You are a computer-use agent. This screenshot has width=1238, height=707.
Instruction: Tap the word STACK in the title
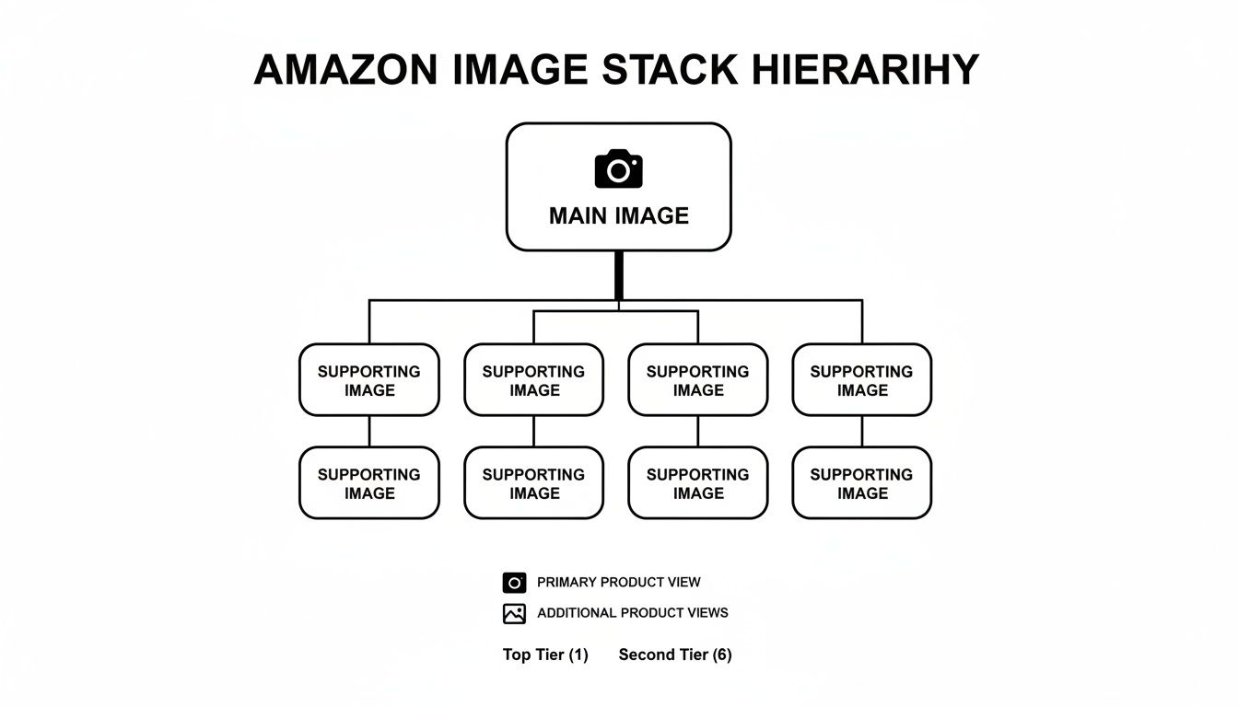(x=670, y=71)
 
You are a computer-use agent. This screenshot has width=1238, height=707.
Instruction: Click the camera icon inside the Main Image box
(x=618, y=169)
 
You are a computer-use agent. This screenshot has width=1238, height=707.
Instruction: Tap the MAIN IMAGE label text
(x=618, y=216)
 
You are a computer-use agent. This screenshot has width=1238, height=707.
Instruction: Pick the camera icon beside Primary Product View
(x=514, y=583)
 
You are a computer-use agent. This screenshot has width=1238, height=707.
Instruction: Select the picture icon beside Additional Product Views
(x=514, y=613)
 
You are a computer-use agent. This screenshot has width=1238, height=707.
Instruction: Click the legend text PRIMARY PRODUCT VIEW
(x=618, y=583)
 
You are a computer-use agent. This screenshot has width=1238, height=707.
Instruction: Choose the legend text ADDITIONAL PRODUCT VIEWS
(x=632, y=613)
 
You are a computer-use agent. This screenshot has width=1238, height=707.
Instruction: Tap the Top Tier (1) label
(x=544, y=655)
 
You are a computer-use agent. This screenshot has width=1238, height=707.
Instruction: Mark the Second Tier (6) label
(x=674, y=655)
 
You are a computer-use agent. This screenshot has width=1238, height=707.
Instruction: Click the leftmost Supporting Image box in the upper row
(x=369, y=380)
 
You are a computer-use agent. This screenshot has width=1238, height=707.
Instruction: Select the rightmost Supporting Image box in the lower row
(x=862, y=483)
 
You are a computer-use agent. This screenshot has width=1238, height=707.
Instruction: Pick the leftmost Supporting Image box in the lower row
(x=369, y=483)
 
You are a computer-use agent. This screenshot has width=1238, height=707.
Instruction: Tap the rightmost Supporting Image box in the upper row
(x=862, y=380)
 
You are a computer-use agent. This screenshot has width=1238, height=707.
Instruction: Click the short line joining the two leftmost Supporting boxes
(x=369, y=431)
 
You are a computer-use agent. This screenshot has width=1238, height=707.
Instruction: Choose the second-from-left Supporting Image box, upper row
(x=533, y=380)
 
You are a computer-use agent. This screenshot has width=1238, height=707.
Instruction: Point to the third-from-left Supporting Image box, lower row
(x=697, y=483)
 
